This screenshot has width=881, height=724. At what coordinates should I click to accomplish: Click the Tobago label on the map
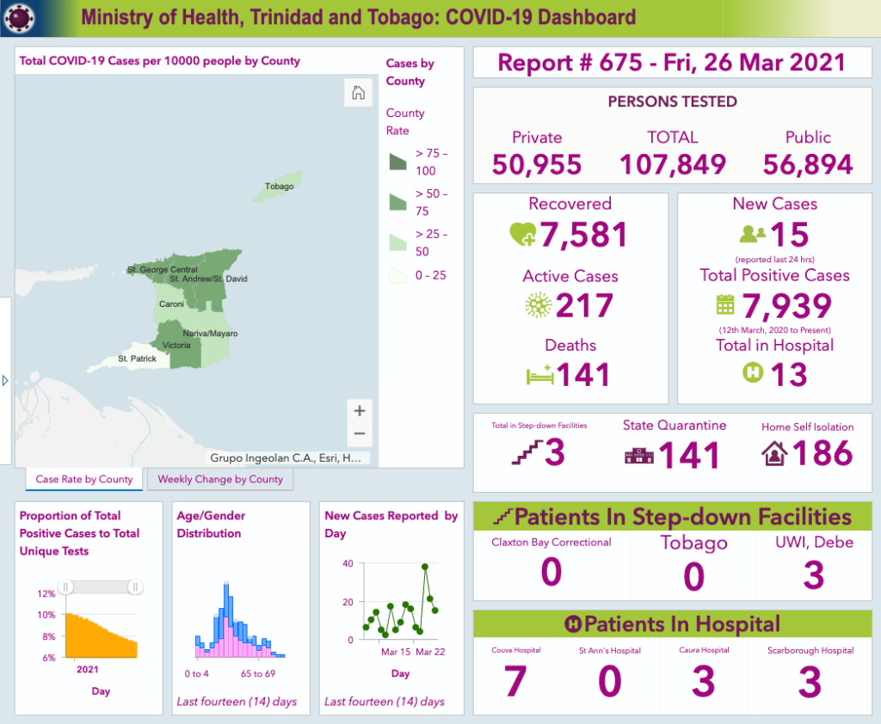(x=280, y=187)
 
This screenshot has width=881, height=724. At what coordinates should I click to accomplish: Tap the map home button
(x=359, y=92)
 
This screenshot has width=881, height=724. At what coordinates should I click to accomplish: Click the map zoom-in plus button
(x=360, y=411)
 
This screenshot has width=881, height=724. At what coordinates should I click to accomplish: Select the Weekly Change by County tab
(x=220, y=479)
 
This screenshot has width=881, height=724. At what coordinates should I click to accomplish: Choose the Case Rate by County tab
(x=84, y=479)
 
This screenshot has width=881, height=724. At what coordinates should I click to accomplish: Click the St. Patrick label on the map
(x=137, y=359)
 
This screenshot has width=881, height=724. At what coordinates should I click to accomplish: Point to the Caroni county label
(x=171, y=304)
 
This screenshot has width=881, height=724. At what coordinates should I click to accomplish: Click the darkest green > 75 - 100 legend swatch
(x=397, y=162)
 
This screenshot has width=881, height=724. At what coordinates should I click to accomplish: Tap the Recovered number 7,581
(x=584, y=234)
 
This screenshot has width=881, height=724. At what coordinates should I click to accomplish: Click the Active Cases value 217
(x=584, y=305)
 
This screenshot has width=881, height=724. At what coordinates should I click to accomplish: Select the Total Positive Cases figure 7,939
(x=786, y=306)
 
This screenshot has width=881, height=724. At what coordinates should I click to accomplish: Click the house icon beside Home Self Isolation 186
(x=774, y=453)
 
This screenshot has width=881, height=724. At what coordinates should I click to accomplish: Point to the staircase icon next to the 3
(x=527, y=452)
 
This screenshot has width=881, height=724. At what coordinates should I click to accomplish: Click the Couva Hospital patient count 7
(x=515, y=681)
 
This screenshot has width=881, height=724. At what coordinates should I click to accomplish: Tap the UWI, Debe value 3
(x=814, y=576)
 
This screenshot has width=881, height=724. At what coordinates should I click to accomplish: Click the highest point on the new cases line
(x=425, y=567)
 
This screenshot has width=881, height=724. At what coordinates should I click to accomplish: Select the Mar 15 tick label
(x=396, y=652)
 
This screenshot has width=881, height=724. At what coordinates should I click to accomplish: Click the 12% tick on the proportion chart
(x=46, y=593)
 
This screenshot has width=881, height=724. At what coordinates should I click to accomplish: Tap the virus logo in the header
(x=19, y=18)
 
